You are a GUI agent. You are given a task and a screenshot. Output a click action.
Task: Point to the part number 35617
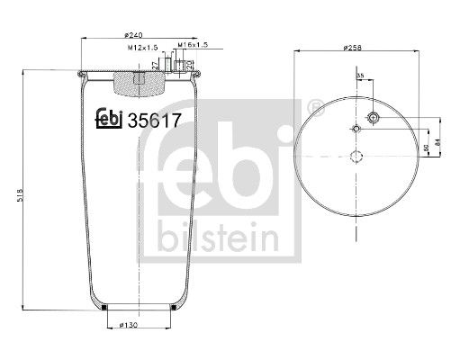click(x=158, y=118)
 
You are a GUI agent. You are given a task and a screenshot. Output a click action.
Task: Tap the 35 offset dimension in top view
click(x=360, y=76)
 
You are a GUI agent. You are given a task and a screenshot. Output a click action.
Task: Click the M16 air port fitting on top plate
click(x=188, y=67)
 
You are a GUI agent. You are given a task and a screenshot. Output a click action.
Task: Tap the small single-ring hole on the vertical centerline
click(x=357, y=131)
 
